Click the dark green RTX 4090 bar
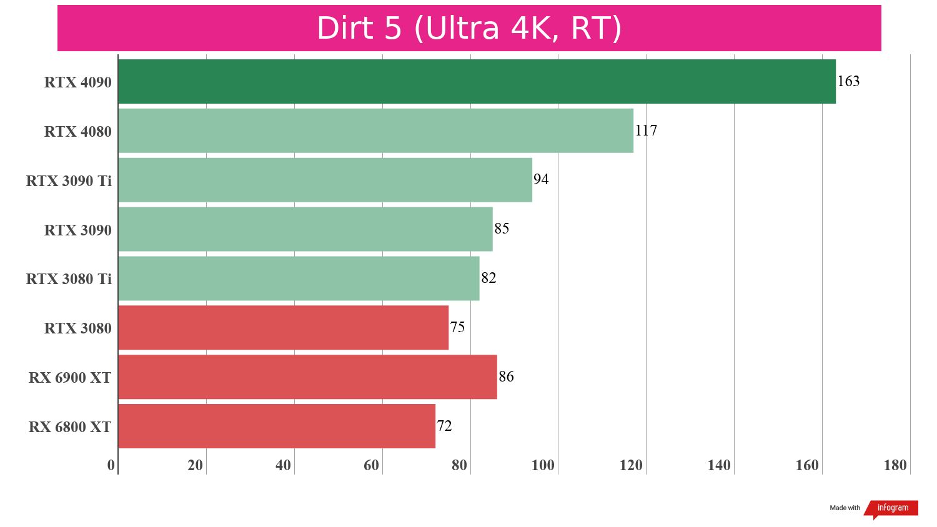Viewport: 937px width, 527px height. click(477, 82)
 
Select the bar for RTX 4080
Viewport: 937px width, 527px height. click(375, 131)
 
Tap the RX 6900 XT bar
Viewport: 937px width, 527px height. click(307, 377)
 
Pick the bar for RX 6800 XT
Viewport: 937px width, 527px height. click(277, 426)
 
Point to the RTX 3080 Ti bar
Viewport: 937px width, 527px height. click(299, 278)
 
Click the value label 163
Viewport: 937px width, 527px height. click(848, 81)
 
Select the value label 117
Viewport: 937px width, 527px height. click(646, 131)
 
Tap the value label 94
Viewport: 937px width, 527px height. click(541, 179)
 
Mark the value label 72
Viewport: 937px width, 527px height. click(444, 426)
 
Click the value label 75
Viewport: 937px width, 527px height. click(457, 327)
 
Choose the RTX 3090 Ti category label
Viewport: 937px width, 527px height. click(69, 181)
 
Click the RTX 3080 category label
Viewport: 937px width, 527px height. click(78, 328)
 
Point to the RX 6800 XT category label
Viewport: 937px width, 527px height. click(70, 427)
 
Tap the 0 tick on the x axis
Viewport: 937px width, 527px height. click(111, 465)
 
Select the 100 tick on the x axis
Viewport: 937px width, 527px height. click(543, 465)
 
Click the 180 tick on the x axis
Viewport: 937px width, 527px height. click(895, 465)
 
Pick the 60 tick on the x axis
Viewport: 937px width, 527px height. click(371, 465)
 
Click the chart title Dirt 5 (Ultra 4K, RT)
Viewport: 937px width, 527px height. click(469, 28)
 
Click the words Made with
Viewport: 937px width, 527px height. click(845, 508)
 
